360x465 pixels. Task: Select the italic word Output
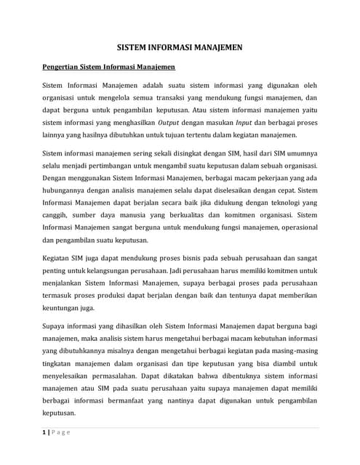click(169, 124)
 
